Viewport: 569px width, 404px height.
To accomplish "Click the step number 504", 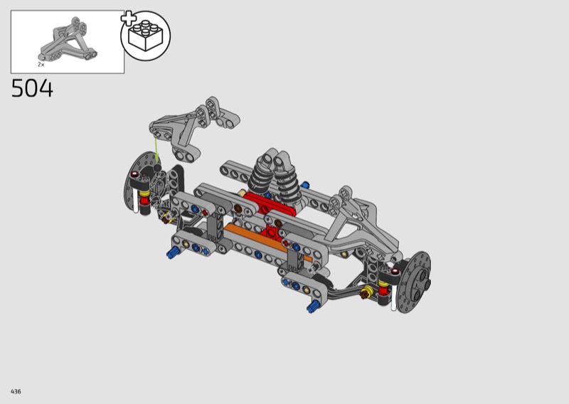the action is click(32, 89).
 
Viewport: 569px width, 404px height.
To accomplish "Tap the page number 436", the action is click(16, 391).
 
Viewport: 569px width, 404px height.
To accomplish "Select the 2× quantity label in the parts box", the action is click(41, 65).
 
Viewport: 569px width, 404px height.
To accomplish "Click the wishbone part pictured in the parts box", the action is click(68, 39).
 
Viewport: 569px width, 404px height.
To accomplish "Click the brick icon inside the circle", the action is click(146, 35).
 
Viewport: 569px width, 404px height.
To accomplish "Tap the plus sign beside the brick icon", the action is click(128, 18).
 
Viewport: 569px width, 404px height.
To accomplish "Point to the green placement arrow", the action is click(156, 150).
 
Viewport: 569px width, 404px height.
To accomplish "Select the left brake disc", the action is click(139, 181).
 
